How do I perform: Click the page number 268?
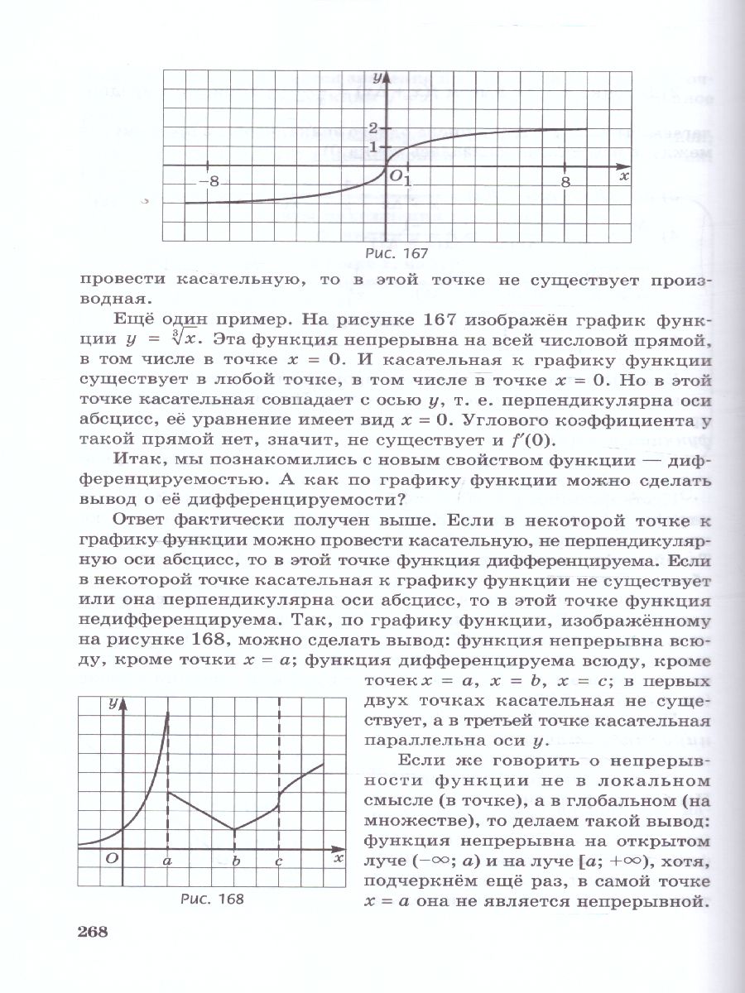click(93, 933)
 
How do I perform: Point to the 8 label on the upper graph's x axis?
click(565, 182)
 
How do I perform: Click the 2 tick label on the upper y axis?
click(373, 128)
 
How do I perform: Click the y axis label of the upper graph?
click(377, 78)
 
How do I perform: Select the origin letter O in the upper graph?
click(396, 175)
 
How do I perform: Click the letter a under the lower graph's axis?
click(167, 861)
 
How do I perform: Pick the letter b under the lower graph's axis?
click(235, 861)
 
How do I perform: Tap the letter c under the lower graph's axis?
click(279, 861)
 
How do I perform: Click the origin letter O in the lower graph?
click(111, 859)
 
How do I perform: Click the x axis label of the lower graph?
click(338, 857)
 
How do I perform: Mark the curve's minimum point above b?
click(235, 829)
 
